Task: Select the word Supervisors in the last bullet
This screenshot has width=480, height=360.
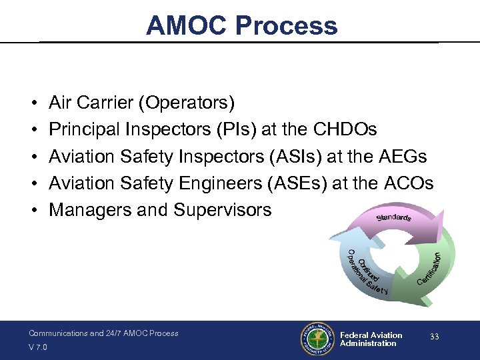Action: click(x=223, y=209)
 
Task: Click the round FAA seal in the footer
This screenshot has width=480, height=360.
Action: click(x=317, y=339)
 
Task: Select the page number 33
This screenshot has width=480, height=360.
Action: click(x=434, y=337)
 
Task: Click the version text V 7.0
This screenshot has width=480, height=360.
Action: click(x=38, y=347)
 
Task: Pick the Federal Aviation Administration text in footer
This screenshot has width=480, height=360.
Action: click(x=371, y=339)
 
